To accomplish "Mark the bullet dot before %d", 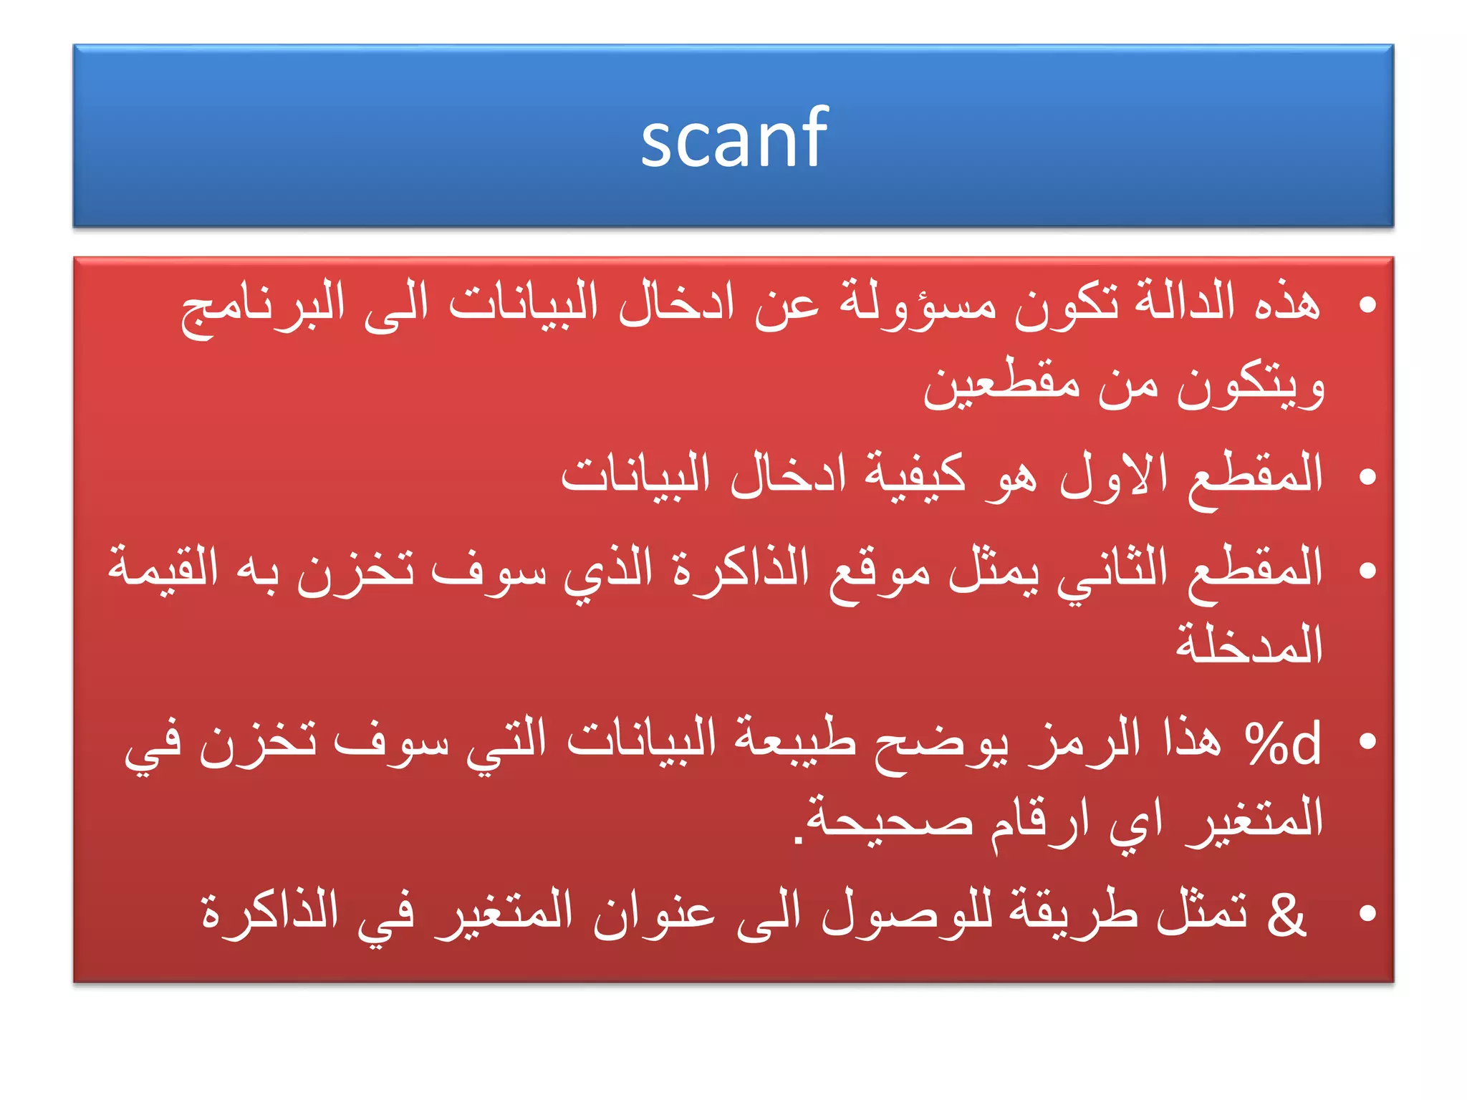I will [1367, 741].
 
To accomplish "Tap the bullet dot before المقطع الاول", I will [1367, 476].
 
